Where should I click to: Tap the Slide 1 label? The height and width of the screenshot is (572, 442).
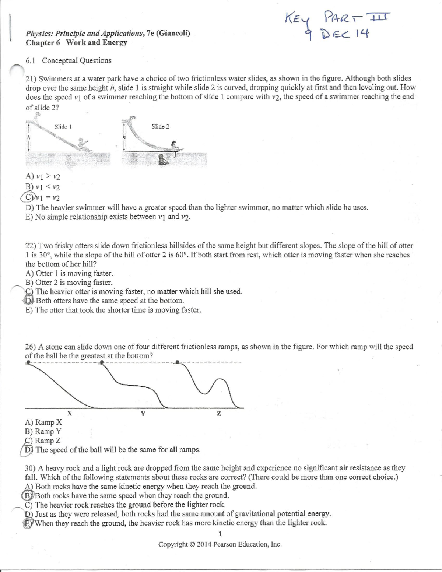63,127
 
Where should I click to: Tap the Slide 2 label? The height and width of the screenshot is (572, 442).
160,126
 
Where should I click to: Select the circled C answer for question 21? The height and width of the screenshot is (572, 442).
29,197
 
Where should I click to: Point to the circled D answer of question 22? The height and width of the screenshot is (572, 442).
29,301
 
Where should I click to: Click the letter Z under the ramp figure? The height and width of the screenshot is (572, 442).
219,414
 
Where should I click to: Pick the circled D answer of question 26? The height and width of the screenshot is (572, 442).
29,450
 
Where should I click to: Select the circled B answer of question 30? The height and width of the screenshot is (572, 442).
28,495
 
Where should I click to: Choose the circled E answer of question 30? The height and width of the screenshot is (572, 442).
28,523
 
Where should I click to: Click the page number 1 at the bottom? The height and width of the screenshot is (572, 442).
220,534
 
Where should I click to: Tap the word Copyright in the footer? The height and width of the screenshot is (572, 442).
173,544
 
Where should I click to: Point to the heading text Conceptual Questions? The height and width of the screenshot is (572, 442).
77,60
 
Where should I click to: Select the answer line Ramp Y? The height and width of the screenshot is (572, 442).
43,431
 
